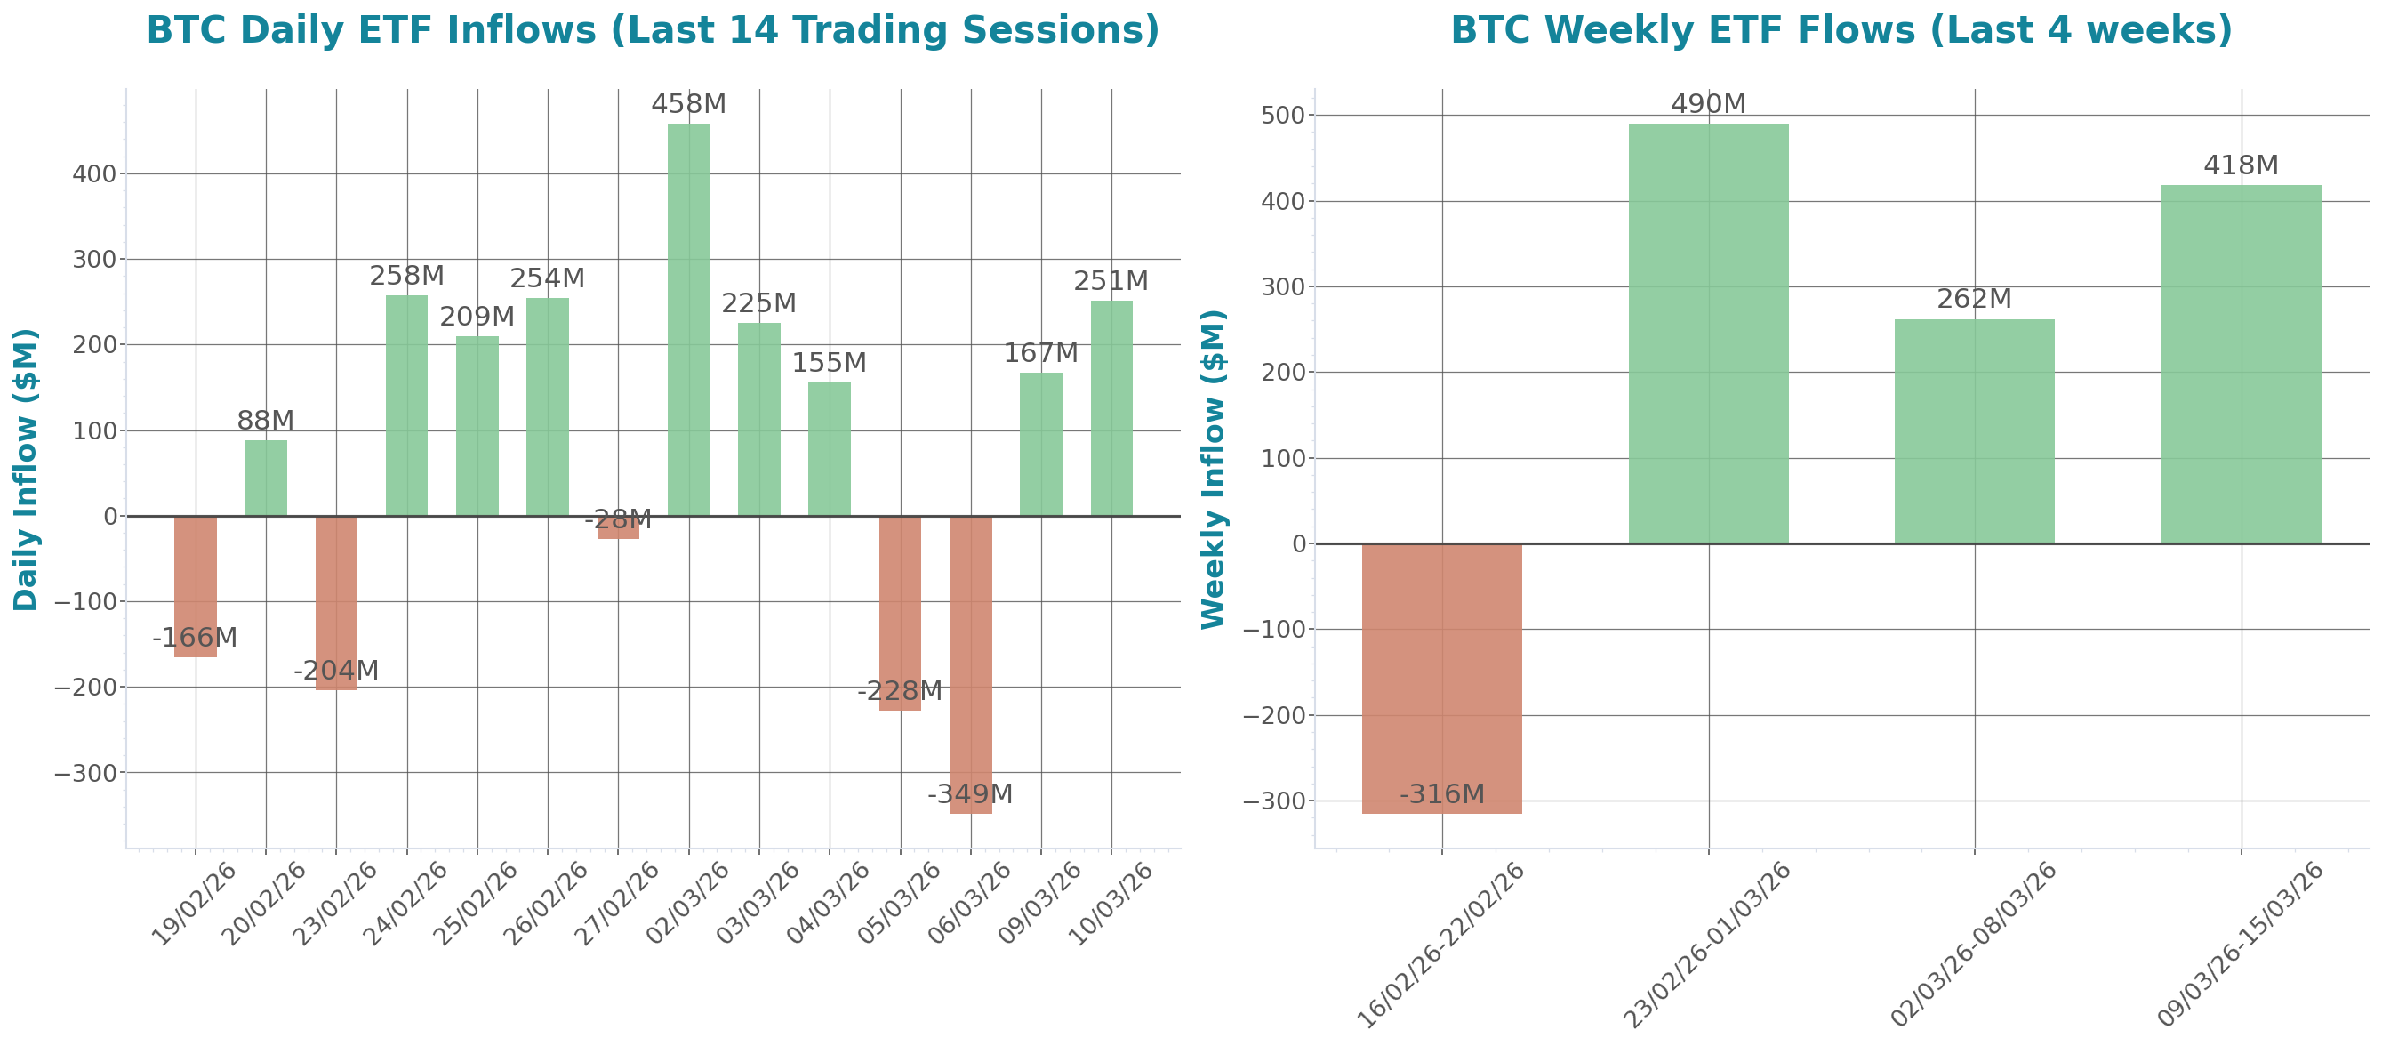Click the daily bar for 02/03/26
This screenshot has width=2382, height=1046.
(688, 319)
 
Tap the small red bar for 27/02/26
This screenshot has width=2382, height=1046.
(618, 528)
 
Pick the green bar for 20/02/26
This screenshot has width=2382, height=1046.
(265, 479)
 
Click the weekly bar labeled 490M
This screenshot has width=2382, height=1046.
(1708, 333)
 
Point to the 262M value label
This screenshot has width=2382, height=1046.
(1974, 299)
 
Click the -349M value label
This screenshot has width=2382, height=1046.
(970, 793)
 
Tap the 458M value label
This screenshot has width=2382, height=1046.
(688, 103)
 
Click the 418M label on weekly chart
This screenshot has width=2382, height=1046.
(2241, 165)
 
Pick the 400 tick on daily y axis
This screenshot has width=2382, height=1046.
(94, 173)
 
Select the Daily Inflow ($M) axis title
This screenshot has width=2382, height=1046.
(25, 469)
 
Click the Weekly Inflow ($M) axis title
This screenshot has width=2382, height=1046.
(1212, 469)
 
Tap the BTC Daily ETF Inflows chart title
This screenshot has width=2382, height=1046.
(653, 29)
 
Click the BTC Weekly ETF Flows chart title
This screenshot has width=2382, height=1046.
(1841, 29)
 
